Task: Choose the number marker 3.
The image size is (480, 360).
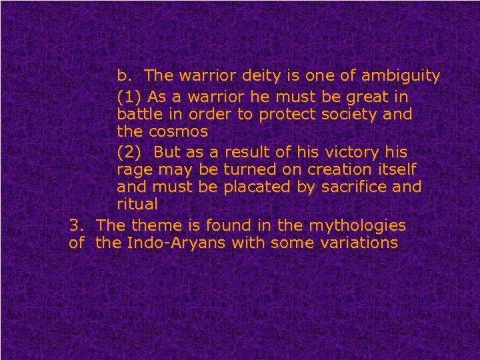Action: click(x=75, y=225)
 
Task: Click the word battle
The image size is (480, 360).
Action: click(x=138, y=114)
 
